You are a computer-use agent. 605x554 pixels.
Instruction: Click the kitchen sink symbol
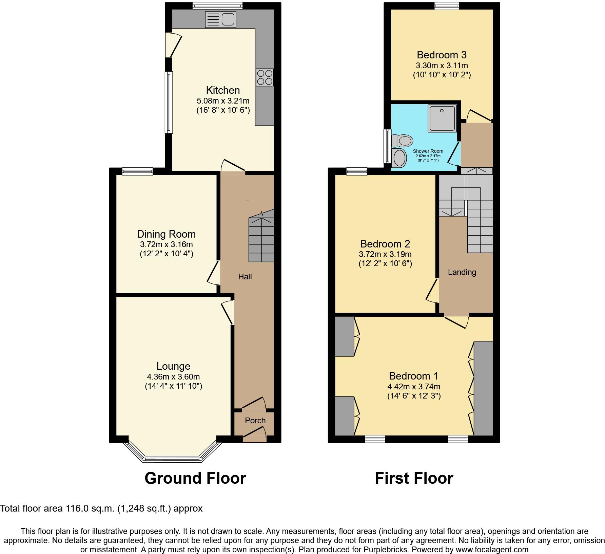[x=220, y=19]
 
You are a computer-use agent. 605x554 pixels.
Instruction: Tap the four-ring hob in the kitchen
[x=265, y=77]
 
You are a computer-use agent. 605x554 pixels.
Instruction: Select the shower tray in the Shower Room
[x=442, y=118]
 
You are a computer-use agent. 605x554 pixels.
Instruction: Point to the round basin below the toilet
[x=399, y=158]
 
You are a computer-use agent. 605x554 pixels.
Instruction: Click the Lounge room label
[x=173, y=366]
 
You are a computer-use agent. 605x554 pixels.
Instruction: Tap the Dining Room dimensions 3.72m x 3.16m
[x=166, y=244]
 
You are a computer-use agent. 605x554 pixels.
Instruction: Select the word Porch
[x=255, y=421]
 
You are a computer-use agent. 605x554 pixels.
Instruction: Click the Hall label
[x=245, y=277]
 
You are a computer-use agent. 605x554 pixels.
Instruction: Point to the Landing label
[x=462, y=272]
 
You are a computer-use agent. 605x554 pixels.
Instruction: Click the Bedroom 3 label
[x=442, y=55]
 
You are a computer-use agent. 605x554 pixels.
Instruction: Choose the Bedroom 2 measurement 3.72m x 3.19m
[x=385, y=254]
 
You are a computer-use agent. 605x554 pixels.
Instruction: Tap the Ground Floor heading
[x=195, y=478]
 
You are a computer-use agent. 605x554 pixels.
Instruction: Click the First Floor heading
[x=414, y=478]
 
